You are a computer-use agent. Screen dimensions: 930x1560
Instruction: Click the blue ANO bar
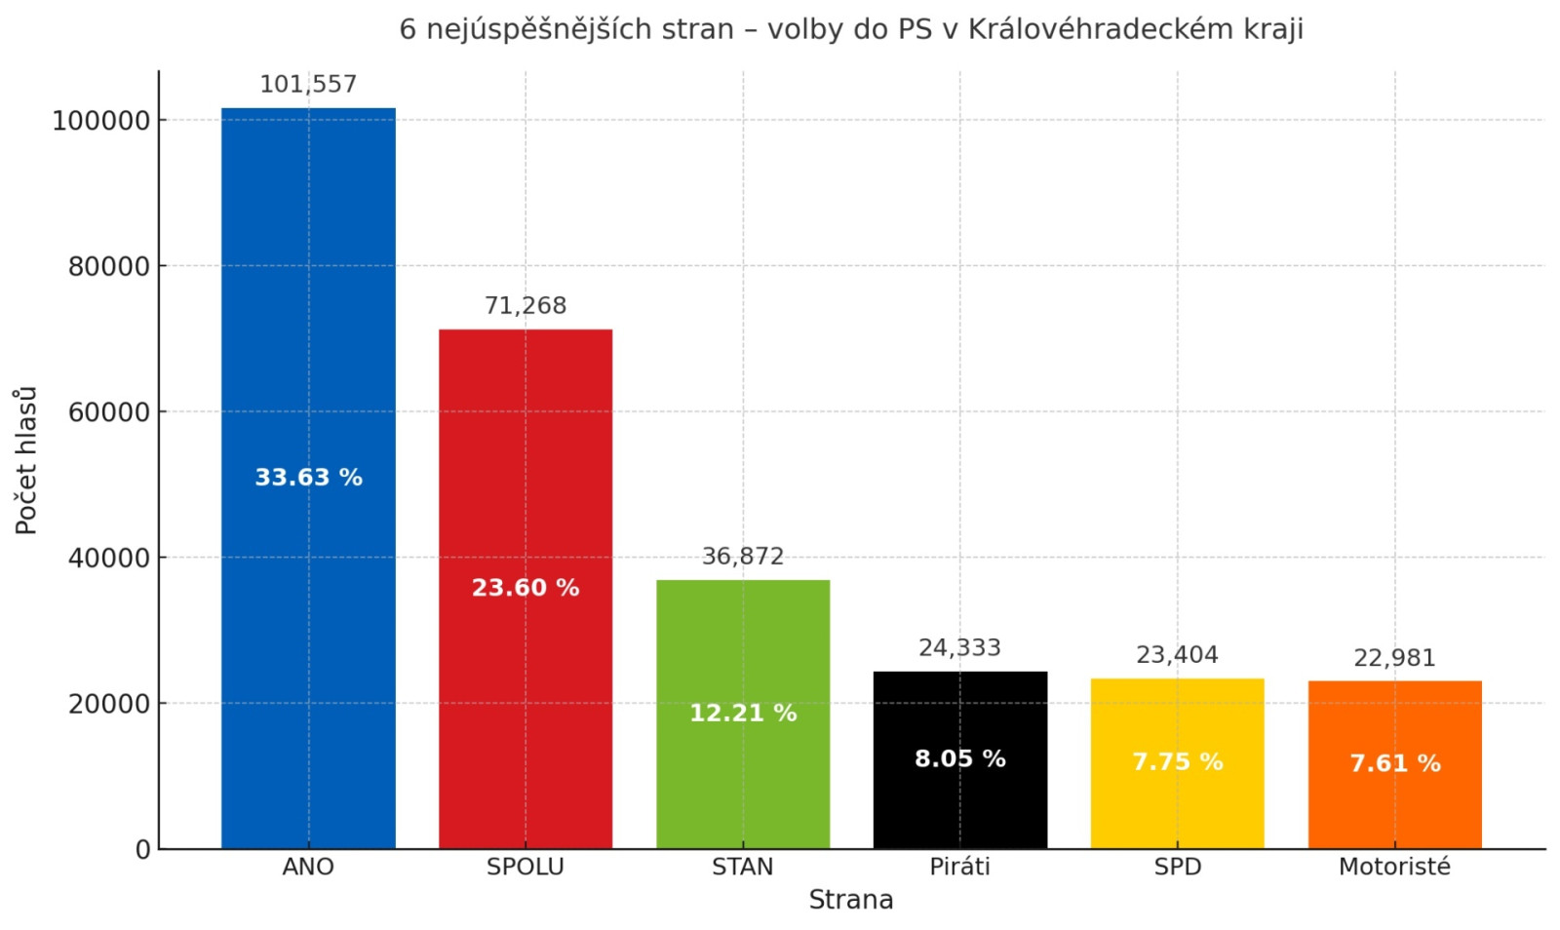pos(308,292)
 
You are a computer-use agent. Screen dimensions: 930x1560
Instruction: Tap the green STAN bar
pos(743,643)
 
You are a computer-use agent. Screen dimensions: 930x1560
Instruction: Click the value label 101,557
pos(308,85)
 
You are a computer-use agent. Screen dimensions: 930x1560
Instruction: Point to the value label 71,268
pos(526,306)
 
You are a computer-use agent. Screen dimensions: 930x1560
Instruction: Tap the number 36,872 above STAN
pos(743,557)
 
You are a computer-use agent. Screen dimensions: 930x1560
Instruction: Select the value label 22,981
pos(1394,659)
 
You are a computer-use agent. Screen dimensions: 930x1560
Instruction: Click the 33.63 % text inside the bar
pos(308,478)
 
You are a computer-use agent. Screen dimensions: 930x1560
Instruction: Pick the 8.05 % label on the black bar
pos(960,758)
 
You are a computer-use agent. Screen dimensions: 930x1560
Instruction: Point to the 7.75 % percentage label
pos(1177,761)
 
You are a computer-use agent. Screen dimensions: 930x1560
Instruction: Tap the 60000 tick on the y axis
pos(109,412)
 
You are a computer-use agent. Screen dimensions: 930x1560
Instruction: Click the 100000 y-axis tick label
pos(101,121)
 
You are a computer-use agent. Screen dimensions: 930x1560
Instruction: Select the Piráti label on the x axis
pos(960,867)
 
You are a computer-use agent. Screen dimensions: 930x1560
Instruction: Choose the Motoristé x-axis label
pos(1394,867)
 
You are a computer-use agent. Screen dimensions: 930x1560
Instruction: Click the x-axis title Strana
pos(851,900)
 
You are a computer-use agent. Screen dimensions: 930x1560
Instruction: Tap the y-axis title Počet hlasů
pos(26,460)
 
